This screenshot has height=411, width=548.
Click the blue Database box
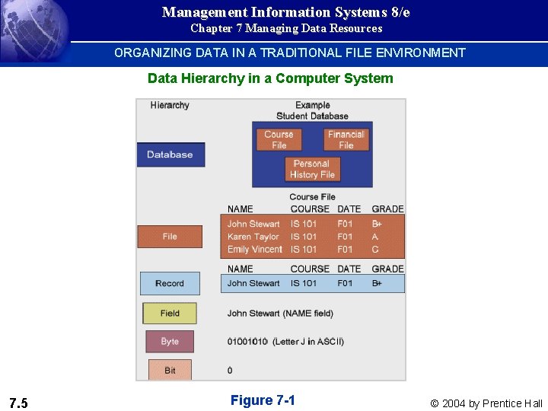170,155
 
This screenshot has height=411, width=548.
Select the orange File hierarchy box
170,237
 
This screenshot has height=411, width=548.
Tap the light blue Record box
170,283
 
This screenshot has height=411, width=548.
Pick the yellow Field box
170,313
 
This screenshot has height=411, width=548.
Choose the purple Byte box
170,341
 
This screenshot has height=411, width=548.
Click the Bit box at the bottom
170,370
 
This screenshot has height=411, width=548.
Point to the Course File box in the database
279,139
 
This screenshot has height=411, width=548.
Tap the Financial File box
346,139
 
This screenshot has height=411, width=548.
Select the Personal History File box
312,169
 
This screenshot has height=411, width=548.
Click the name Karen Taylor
253,237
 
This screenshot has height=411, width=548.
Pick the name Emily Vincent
255,250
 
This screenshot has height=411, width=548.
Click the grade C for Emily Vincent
374,250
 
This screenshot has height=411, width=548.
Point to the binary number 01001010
247,342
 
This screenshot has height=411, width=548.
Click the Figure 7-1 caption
263,400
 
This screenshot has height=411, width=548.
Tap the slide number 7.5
18,403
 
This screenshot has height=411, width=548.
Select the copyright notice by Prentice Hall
486,403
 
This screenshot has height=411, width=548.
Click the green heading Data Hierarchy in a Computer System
270,78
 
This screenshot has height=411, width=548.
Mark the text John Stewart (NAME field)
280,313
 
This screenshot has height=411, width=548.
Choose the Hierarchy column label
170,105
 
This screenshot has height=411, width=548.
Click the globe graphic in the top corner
30,30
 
